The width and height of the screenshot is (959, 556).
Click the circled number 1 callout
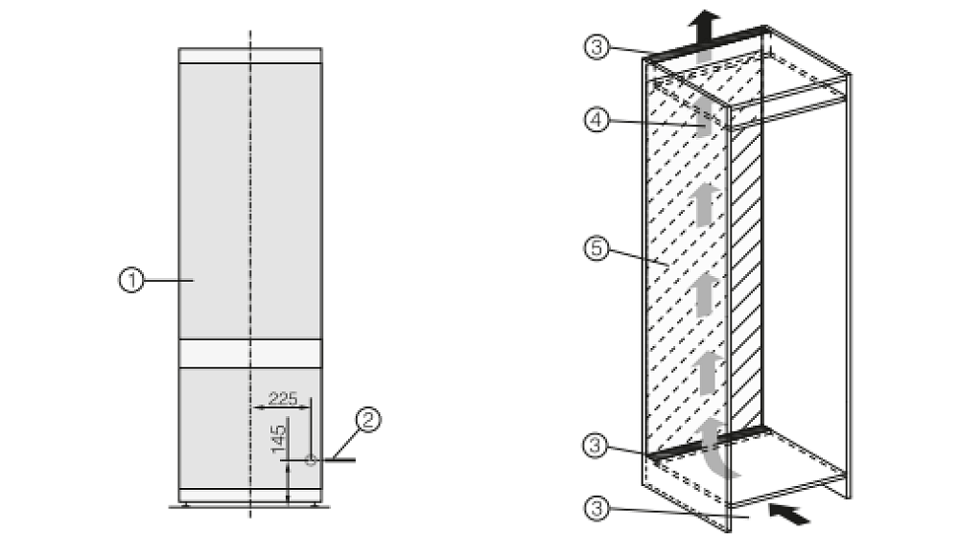(130, 280)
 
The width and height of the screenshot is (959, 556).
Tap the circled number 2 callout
(368, 420)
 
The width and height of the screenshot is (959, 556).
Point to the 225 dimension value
(283, 399)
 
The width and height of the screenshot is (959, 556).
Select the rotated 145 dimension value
(278, 439)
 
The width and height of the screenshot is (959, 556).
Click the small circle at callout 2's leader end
(311, 460)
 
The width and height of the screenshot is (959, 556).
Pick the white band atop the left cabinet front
(250, 56)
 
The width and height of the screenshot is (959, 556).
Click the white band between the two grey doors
(250, 354)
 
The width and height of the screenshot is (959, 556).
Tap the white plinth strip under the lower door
(250, 495)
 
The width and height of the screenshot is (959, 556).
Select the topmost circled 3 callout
(596, 46)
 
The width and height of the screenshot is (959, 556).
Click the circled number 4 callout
(596, 120)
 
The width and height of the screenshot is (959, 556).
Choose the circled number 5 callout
(596, 248)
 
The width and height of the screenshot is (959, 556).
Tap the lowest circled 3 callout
(596, 508)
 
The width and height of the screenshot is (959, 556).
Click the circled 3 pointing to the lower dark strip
(596, 446)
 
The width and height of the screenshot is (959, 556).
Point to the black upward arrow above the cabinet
(704, 26)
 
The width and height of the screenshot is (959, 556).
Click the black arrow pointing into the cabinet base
(789, 513)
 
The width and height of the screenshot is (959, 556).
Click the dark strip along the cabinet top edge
(707, 43)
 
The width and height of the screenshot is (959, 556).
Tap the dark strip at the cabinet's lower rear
(708, 442)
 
